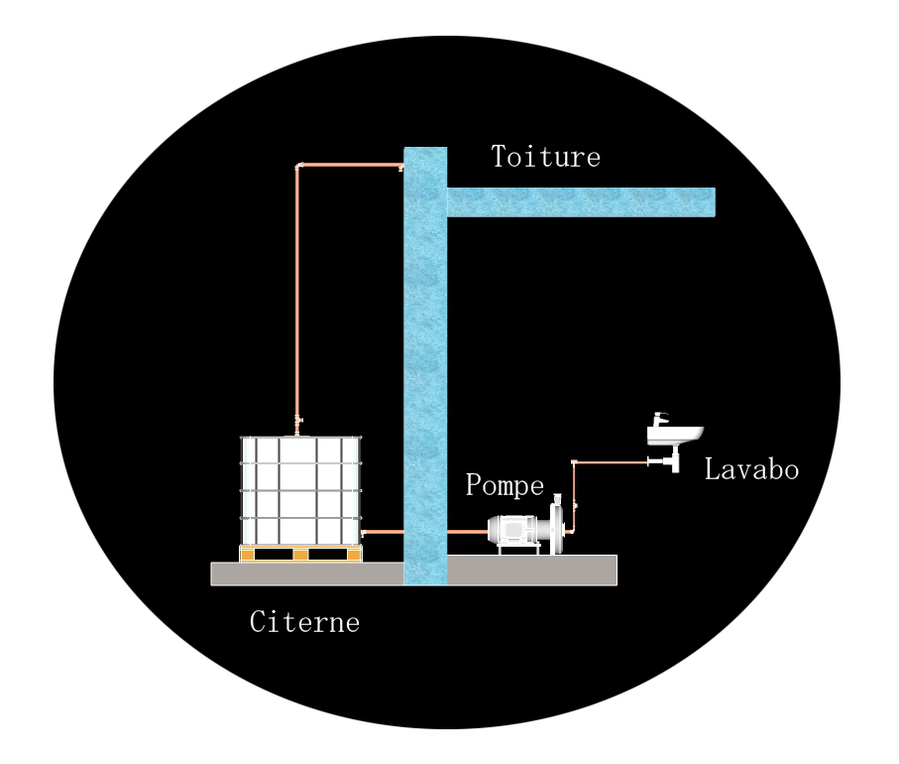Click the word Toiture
click(545, 157)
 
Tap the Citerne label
click(304, 622)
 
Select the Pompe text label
click(505, 486)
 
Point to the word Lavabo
click(751, 469)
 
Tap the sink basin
click(675, 435)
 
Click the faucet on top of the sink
click(659, 418)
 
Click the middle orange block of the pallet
click(301, 554)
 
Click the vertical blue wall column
click(425, 377)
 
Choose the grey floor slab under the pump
click(532, 570)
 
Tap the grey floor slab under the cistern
click(307, 573)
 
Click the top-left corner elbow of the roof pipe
click(298, 166)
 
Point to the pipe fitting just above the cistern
click(298, 422)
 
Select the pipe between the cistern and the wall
click(383, 533)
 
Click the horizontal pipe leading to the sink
click(610, 462)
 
